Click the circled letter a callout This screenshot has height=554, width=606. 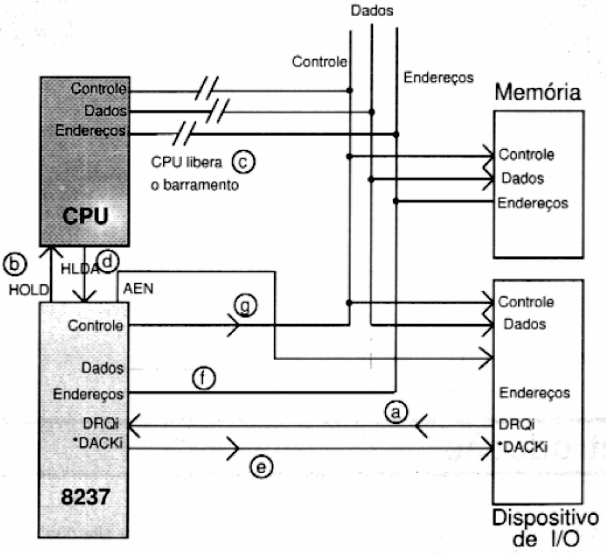tap(396, 412)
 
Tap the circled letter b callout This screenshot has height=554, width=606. tap(15, 264)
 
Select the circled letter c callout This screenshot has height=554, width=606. tap(243, 162)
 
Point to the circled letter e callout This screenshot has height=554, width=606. tap(261, 466)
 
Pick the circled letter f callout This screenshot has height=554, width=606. tap(203, 378)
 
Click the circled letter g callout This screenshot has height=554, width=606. tap(245, 305)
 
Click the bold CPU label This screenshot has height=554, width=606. tap(85, 216)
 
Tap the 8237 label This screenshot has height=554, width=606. tap(85, 496)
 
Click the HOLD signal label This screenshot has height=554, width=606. tap(29, 290)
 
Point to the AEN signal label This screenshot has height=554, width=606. tap(138, 289)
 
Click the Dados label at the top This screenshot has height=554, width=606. tap(372, 11)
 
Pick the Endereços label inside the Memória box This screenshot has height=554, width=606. tap(532, 203)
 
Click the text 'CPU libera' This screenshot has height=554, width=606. tap(186, 162)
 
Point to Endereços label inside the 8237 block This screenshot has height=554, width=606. tap(88, 394)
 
